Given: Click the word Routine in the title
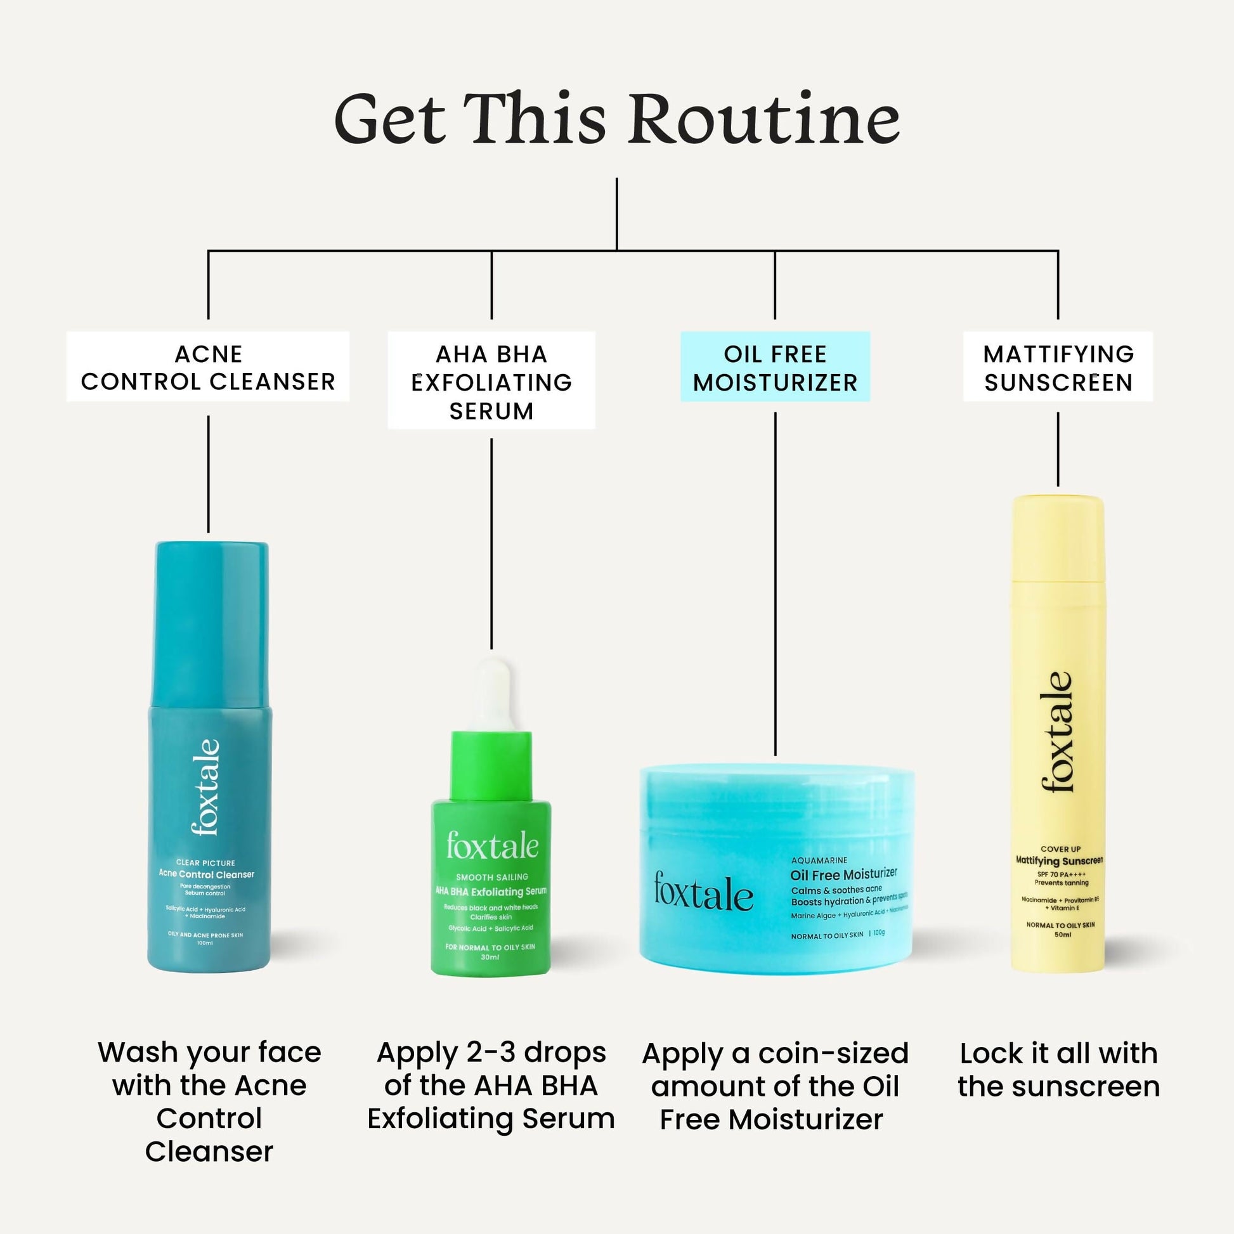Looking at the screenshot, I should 764,119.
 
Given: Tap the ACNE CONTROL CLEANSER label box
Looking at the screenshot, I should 208,367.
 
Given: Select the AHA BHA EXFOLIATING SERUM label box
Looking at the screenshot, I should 491,381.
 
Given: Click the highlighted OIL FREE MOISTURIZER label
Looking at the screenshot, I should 775,367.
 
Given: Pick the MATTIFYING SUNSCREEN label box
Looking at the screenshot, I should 1058,367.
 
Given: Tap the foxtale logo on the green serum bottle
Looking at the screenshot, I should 492,847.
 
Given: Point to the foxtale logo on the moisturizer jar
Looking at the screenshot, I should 703,892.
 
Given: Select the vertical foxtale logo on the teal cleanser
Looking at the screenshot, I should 205,787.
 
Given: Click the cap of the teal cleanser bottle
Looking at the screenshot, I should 211,623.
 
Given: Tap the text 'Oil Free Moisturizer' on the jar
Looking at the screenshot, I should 843,874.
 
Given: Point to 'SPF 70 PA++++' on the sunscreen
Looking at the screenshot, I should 1061,874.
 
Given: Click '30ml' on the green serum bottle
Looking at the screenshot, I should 490,958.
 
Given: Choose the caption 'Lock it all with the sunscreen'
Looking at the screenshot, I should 1058,1070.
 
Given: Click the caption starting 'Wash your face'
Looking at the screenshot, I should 209,1102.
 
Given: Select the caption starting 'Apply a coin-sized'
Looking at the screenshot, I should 774,1086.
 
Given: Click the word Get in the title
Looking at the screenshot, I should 389,119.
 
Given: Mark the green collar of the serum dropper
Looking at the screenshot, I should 491,765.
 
